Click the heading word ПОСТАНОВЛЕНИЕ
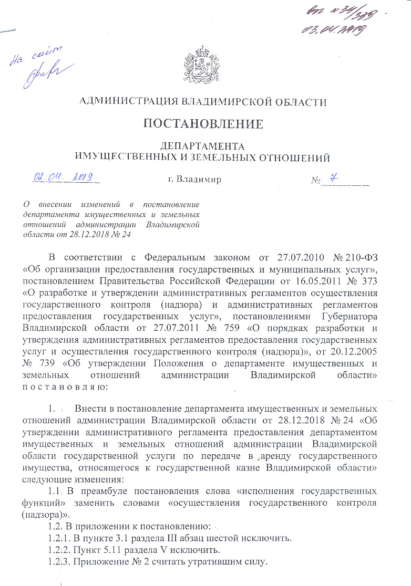(x=203, y=124)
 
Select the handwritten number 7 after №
(x=333, y=179)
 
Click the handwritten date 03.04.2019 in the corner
(x=332, y=29)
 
